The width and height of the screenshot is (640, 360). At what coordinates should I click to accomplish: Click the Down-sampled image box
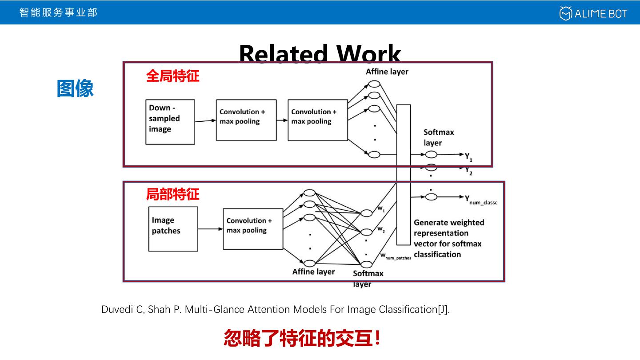click(170, 122)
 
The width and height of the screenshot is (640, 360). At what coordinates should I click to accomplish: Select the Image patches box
click(173, 229)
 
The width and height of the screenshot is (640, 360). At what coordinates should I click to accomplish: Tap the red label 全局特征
click(172, 76)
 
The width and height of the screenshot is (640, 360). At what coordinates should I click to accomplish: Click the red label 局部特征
click(172, 194)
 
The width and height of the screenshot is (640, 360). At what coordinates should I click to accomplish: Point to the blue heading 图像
click(75, 88)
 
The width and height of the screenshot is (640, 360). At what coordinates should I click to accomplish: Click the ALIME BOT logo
click(593, 13)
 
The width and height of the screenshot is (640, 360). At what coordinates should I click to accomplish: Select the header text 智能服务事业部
click(58, 12)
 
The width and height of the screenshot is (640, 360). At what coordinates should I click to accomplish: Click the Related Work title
click(320, 53)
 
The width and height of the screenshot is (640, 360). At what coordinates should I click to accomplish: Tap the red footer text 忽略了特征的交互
click(302, 338)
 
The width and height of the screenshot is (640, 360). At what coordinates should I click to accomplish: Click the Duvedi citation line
click(276, 309)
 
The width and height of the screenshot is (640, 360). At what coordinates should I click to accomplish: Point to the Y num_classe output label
click(481, 200)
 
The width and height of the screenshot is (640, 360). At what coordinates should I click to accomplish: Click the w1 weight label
click(381, 208)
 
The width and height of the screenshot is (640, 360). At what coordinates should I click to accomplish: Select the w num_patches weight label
click(395, 256)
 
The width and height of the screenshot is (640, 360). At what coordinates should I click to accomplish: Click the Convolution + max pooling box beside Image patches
click(253, 229)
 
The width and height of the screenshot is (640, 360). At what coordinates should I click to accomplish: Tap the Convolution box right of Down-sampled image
click(246, 120)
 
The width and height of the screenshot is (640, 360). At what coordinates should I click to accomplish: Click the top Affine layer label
click(387, 72)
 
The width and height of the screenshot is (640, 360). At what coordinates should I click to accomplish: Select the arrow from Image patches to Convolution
click(210, 229)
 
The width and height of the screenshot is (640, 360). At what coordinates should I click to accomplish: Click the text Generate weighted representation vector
click(448, 238)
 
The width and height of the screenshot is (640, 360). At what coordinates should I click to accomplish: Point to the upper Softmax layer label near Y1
click(438, 137)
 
